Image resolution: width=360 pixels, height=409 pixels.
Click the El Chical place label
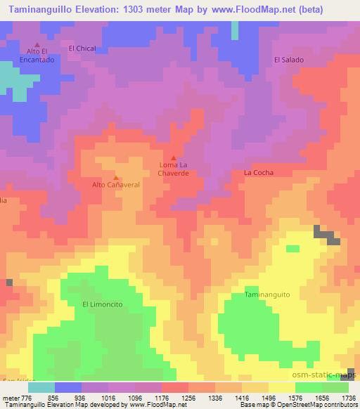coord(82,48)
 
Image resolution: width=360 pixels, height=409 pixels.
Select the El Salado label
coord(288,60)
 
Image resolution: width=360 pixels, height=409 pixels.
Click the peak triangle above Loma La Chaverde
coord(174,157)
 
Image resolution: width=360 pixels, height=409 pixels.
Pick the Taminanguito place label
coord(266,296)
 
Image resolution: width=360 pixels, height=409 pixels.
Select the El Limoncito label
coord(103,304)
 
